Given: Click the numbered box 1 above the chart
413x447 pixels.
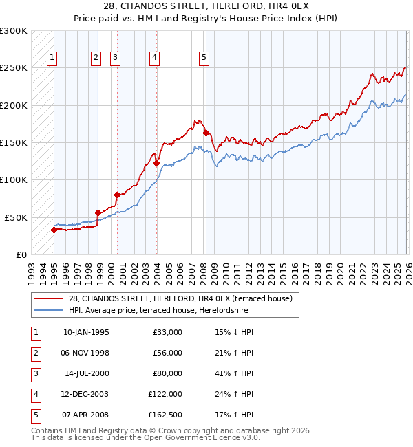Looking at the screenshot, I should (x=53, y=58).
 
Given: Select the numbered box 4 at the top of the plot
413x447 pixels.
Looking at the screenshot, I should (x=155, y=58).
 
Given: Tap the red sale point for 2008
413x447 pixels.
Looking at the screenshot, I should (x=206, y=133).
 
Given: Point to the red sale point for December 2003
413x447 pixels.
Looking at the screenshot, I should (x=156, y=163).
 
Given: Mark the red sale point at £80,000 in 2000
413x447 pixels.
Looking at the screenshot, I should (x=117, y=195).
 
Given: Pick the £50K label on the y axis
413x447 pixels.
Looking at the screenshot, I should (x=17, y=217).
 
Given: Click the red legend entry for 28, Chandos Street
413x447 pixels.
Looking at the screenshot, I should (x=180, y=298).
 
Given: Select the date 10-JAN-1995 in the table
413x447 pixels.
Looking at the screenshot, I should (x=86, y=332).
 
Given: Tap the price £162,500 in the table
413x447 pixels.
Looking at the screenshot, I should (x=165, y=415).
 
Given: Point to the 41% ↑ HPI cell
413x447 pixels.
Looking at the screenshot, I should (x=234, y=373).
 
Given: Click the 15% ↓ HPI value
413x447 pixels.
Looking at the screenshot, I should (x=234, y=332).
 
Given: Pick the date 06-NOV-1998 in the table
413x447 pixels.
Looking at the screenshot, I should (x=86, y=353).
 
